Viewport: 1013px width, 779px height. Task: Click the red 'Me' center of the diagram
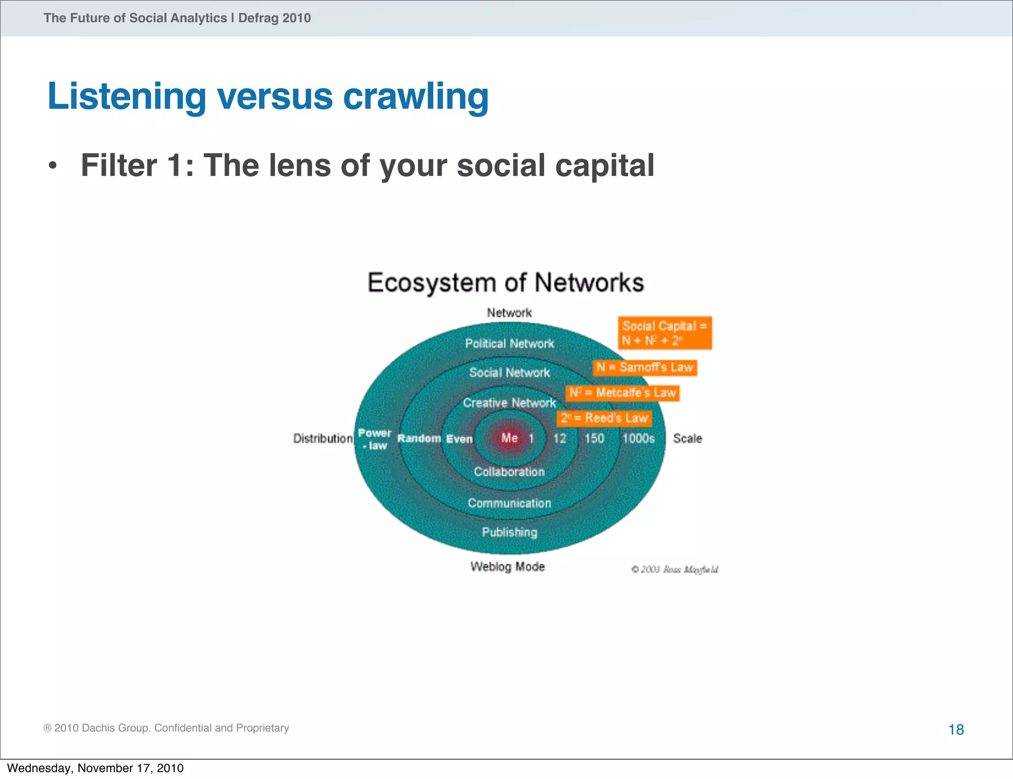coord(509,438)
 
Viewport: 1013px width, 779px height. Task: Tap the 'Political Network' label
coord(509,344)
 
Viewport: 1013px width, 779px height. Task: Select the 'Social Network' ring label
coord(509,373)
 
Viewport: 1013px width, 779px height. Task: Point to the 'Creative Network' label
coord(509,403)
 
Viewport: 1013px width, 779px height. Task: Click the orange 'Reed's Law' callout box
coord(604,418)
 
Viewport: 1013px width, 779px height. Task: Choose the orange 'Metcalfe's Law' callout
coord(622,393)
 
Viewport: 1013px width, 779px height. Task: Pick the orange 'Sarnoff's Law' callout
coord(645,367)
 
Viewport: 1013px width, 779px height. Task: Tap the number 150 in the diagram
coord(594,438)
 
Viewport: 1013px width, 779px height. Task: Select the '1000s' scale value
coord(638,438)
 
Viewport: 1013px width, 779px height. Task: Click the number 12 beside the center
coord(559,438)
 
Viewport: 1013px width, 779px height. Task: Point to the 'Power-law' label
coord(374,439)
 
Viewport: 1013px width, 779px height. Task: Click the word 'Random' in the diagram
coord(419,438)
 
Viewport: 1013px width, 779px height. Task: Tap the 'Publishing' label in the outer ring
coord(509,532)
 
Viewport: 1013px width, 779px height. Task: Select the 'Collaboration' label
coord(509,472)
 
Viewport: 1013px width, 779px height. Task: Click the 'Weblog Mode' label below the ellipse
coord(507,566)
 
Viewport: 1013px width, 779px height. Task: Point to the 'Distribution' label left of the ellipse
coord(322,438)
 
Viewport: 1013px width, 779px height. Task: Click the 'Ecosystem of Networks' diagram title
coord(506,283)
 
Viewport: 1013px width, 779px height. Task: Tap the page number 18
coord(956,730)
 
